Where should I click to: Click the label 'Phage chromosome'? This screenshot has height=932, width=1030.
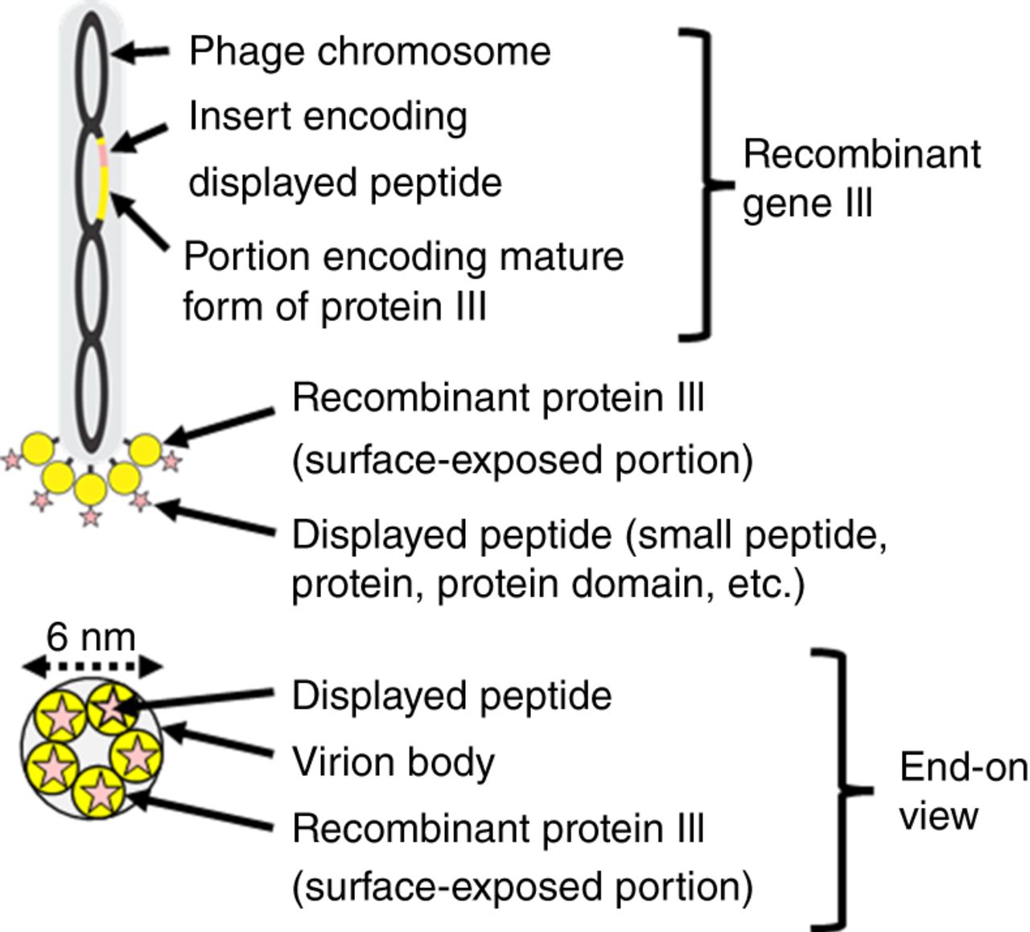click(369, 52)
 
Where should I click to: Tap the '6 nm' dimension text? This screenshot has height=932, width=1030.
click(91, 637)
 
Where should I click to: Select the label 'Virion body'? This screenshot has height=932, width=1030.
click(393, 762)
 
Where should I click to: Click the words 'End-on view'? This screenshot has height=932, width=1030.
click(962, 791)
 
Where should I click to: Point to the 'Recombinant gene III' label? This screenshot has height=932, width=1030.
click(861, 178)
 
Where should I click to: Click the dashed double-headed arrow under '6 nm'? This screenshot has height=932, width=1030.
click(92, 666)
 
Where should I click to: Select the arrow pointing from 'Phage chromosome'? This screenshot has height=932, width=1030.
click(140, 52)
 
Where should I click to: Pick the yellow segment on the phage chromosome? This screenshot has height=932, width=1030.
click(103, 193)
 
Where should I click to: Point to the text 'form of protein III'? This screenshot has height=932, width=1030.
click(335, 307)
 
